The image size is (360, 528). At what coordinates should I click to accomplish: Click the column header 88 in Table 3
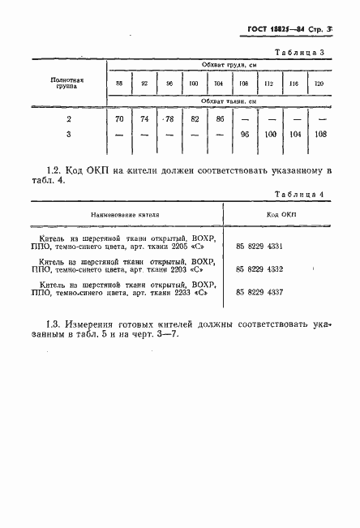pyautogui.click(x=121, y=84)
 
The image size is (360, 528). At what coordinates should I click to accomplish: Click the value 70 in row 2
pyautogui.click(x=121, y=118)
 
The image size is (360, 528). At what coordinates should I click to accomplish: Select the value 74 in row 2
pyautogui.click(x=145, y=118)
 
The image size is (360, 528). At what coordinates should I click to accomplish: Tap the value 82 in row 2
pyautogui.click(x=195, y=118)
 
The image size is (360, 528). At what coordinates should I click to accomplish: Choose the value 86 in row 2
pyautogui.click(x=219, y=118)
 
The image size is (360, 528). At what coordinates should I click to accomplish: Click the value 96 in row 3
pyautogui.click(x=244, y=134)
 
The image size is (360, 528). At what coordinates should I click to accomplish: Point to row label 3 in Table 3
pyautogui.click(x=68, y=134)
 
